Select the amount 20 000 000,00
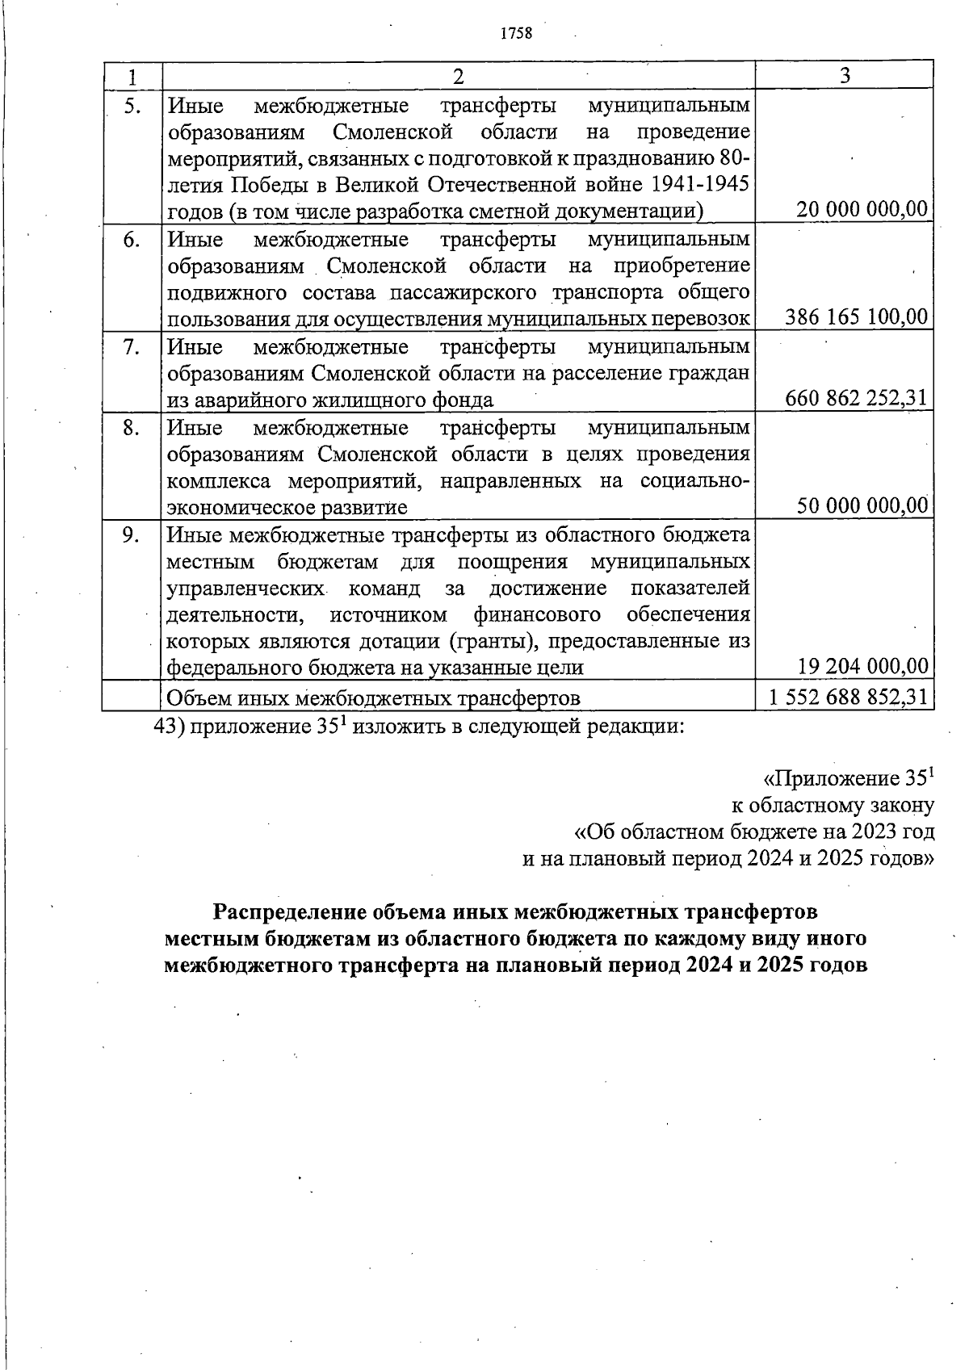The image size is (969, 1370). (862, 210)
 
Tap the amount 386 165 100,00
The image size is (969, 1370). (856, 317)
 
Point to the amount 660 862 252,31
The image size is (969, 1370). (856, 398)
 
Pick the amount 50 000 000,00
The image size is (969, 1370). (862, 506)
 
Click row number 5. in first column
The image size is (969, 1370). (132, 106)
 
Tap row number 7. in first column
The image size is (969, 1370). (132, 347)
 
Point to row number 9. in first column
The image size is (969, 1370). (132, 534)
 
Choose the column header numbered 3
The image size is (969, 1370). (844, 75)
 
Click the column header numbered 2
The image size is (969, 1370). (458, 76)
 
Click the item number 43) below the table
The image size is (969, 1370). (170, 725)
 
